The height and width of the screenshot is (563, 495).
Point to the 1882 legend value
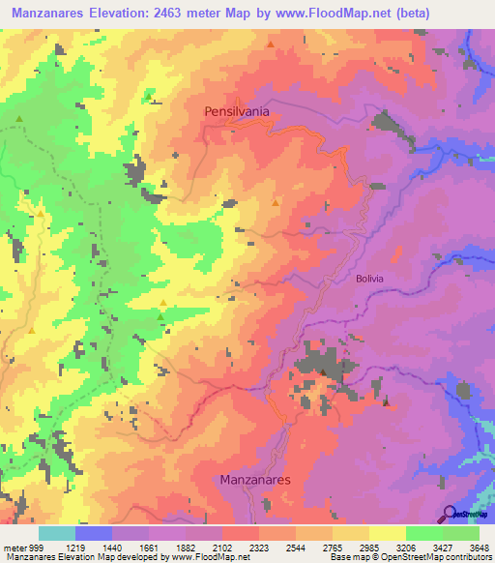coord(187,547)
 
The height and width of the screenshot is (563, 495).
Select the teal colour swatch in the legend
coord(56,533)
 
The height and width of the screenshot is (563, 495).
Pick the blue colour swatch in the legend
coord(93,533)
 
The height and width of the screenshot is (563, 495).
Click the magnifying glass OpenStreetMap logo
coord(451,514)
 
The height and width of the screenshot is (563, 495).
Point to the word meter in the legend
coord(14,547)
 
